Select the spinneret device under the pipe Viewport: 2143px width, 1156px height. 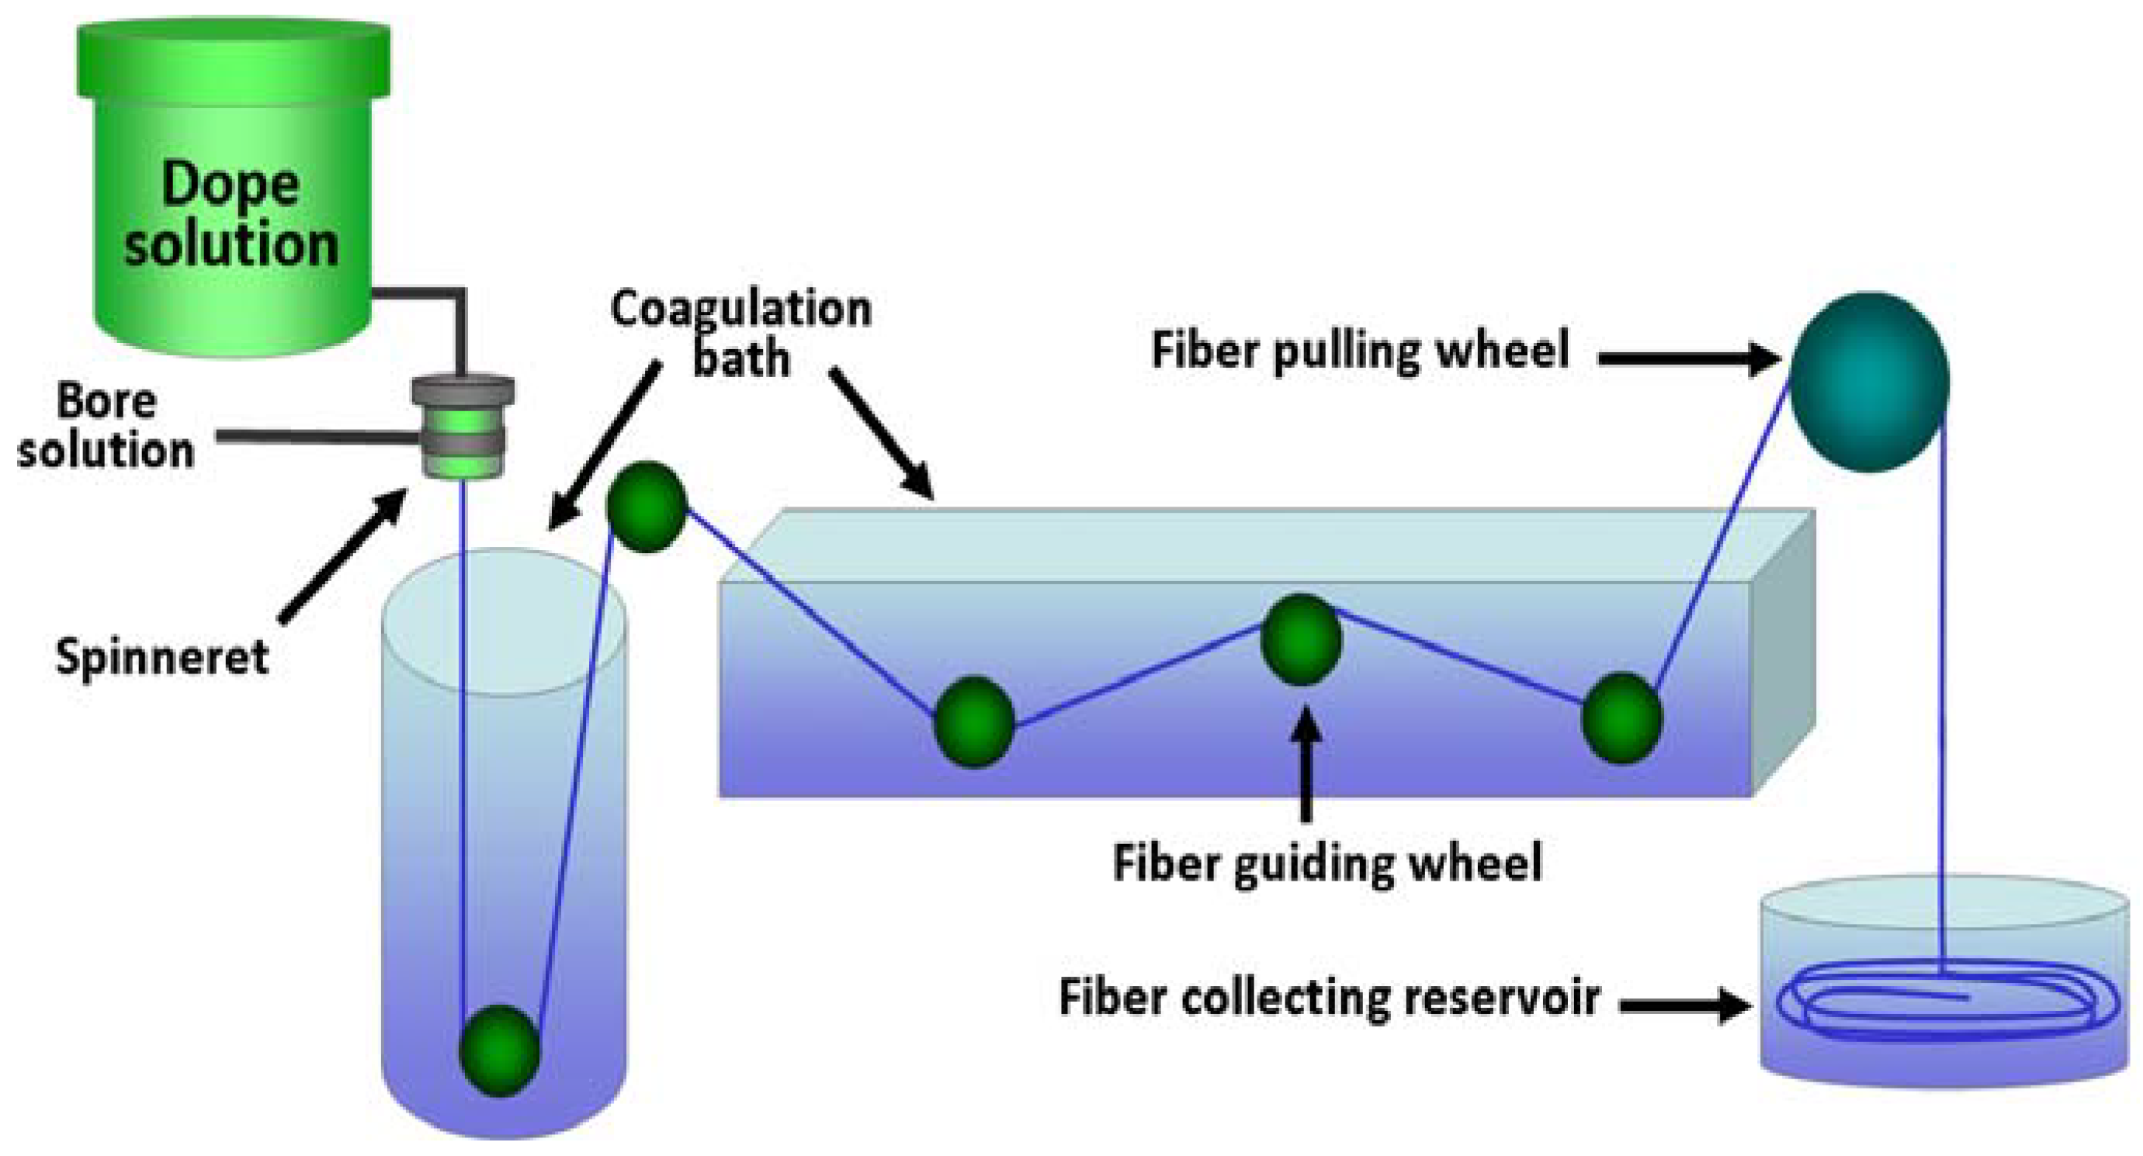(x=463, y=427)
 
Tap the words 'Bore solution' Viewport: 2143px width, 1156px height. (x=106, y=426)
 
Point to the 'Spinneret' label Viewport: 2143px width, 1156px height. (x=162, y=657)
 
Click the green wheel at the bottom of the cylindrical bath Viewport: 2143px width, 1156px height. (x=499, y=1050)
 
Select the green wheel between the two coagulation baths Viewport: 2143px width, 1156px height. (x=647, y=507)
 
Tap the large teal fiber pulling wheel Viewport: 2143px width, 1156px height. (x=1869, y=382)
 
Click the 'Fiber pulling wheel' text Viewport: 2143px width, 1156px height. (x=1360, y=350)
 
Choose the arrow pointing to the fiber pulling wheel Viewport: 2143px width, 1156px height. (x=1689, y=359)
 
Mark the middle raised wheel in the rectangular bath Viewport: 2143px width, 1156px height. (x=1301, y=639)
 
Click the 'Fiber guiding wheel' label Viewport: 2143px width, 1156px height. (x=1328, y=863)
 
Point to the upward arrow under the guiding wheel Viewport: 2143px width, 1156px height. (x=1306, y=763)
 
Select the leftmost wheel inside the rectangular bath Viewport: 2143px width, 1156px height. (x=973, y=722)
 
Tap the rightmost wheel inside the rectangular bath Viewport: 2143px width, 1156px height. (x=1621, y=718)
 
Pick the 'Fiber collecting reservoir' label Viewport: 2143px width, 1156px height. (x=1330, y=997)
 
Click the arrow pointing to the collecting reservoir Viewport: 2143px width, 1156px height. (x=1684, y=1005)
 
